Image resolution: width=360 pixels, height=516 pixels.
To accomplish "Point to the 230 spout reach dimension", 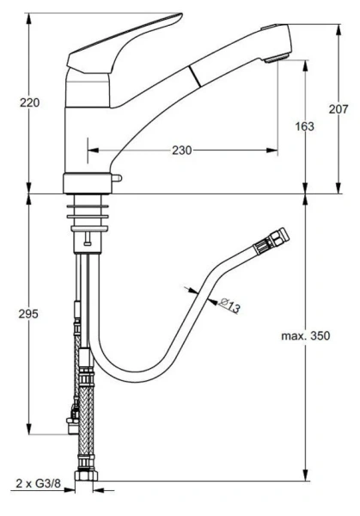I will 181,150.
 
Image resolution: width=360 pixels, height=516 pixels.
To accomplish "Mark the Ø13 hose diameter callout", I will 229,303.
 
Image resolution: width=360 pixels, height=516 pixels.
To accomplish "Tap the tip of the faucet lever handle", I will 178,18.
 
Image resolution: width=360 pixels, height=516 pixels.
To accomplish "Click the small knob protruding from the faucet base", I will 117,177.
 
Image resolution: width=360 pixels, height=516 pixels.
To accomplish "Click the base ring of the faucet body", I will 88,183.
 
